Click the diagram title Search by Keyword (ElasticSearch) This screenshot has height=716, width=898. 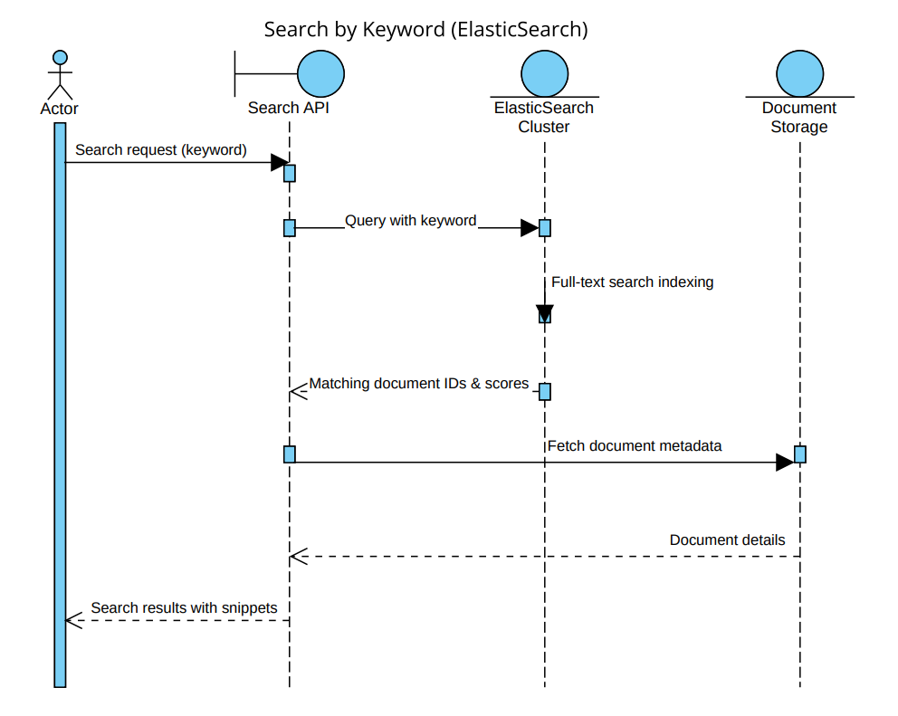tap(426, 29)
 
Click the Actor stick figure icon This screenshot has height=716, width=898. tap(60, 75)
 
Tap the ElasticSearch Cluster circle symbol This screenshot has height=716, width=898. tap(544, 72)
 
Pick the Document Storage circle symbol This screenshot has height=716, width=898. tap(799, 72)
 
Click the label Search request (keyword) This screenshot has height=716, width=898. tap(160, 149)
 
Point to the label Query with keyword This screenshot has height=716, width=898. tap(410, 220)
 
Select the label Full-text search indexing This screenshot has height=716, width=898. tap(632, 282)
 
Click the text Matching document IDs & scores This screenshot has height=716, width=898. tap(418, 384)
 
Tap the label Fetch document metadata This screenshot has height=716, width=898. tap(634, 445)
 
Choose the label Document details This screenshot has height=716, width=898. tap(727, 539)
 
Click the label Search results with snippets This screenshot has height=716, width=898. tap(184, 607)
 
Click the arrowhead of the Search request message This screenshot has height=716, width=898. tap(279, 163)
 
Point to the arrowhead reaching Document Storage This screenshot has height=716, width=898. tap(785, 463)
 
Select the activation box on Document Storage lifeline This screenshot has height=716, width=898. tap(800, 453)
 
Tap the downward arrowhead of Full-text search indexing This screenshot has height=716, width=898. tap(544, 313)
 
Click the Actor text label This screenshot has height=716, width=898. tap(60, 109)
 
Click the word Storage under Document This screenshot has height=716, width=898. tap(799, 127)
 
